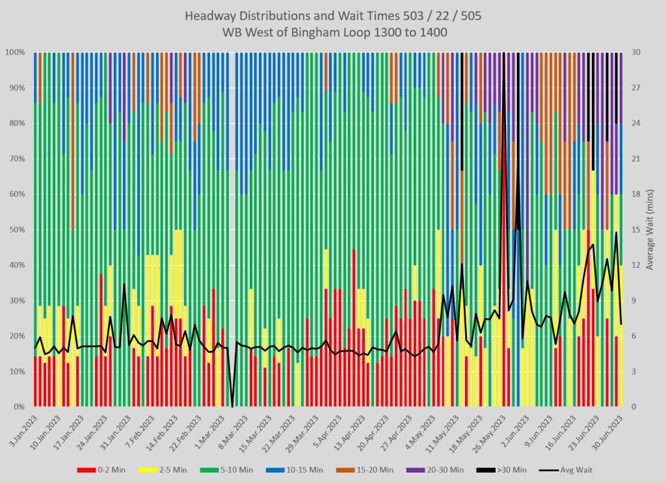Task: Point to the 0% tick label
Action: click(x=20, y=407)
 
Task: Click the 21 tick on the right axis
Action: click(x=635, y=159)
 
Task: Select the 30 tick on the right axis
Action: click(x=635, y=52)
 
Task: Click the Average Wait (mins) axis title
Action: click(x=652, y=229)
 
